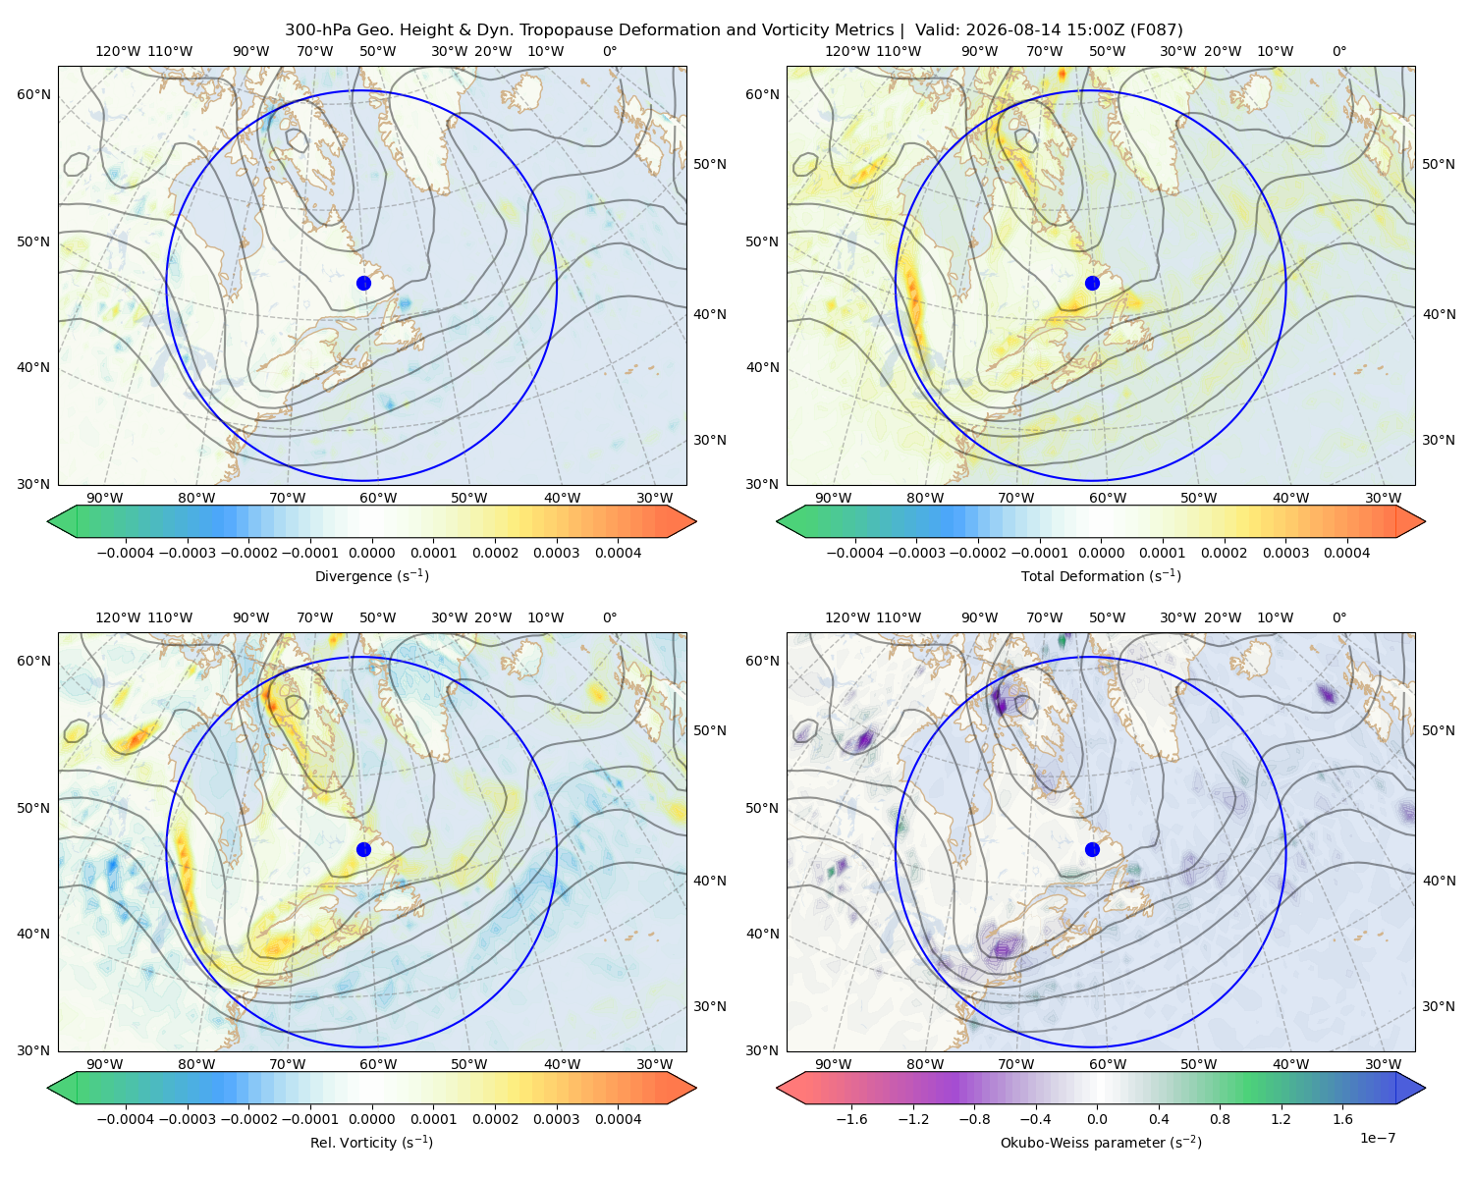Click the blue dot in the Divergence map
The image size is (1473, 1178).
363,283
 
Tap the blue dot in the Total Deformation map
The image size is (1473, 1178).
1092,283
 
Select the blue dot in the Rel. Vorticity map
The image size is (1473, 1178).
363,849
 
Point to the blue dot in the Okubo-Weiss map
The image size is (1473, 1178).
1092,849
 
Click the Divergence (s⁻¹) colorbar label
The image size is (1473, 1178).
371,575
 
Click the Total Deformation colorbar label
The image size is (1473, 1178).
1101,575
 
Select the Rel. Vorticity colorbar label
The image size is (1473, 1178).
371,1142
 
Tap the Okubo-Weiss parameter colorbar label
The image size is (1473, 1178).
1101,1142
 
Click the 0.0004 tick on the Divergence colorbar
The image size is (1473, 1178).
618,553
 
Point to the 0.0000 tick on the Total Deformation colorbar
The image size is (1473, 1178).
1101,553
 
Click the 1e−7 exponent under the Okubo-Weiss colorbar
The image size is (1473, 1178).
1377,1138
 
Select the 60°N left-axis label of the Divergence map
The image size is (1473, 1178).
33,94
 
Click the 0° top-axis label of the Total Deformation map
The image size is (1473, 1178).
1339,51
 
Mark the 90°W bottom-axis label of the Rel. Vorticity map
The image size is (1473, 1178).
105,1064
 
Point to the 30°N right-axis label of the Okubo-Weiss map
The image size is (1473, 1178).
1439,1006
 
